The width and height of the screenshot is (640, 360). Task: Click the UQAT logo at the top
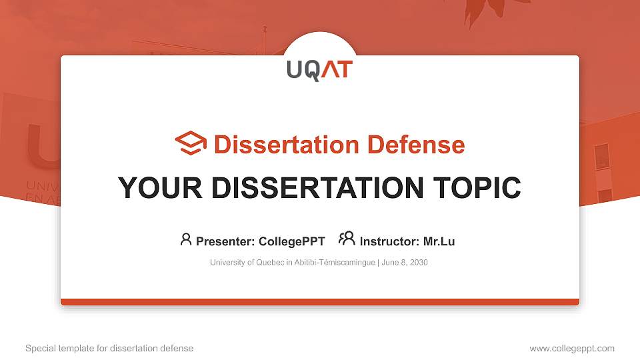(319, 69)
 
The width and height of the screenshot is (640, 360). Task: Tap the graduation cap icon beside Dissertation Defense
(191, 144)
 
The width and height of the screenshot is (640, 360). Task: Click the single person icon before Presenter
(186, 239)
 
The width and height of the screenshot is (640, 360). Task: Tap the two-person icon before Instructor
(347, 239)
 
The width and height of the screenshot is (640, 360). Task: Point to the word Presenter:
(224, 241)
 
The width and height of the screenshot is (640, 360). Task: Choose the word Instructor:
(389, 241)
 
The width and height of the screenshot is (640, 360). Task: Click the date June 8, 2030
(405, 263)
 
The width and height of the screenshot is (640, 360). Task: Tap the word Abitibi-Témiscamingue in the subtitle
(333, 263)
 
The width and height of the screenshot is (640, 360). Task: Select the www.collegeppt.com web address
(572, 348)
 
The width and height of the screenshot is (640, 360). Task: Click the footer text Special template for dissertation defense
(109, 348)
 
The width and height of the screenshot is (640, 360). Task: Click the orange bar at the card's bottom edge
(320, 302)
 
